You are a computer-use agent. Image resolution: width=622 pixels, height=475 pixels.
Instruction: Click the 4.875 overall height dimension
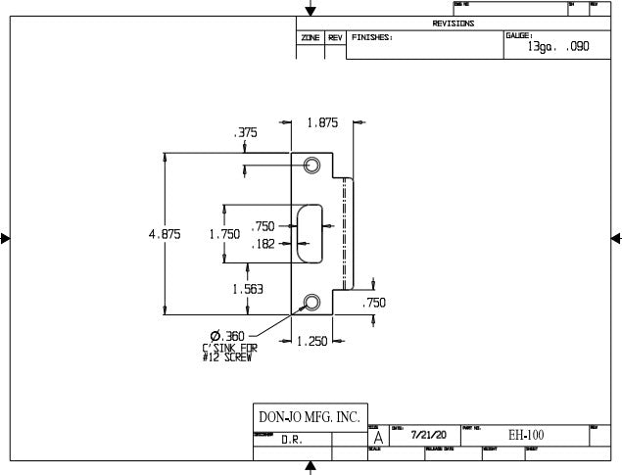(164, 235)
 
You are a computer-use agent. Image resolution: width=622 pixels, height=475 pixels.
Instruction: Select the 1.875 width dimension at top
(322, 123)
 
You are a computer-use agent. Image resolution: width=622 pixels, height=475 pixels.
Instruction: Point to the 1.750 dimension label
(224, 235)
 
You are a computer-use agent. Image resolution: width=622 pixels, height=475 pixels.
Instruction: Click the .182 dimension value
(263, 244)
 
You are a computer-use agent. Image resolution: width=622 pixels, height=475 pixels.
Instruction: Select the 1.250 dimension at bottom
(311, 341)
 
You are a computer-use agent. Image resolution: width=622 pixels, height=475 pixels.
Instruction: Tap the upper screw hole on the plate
(313, 166)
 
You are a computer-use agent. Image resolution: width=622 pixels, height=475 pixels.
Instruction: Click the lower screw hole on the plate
(313, 302)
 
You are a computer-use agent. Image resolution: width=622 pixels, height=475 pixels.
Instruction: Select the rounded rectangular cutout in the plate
(311, 233)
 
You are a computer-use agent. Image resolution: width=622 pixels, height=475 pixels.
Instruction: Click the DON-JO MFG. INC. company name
(308, 417)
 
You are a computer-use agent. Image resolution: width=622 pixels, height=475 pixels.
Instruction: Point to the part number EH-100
(526, 435)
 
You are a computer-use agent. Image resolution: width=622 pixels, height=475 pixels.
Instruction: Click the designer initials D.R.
(292, 441)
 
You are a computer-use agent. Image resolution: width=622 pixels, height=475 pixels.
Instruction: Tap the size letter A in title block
(378, 438)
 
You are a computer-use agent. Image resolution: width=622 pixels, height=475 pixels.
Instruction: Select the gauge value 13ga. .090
(558, 46)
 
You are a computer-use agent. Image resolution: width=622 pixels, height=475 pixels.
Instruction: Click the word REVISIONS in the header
(454, 24)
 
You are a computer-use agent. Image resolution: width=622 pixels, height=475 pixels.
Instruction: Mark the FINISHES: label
(372, 37)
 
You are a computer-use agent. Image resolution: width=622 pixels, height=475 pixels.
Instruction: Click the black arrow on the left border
(6, 238)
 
